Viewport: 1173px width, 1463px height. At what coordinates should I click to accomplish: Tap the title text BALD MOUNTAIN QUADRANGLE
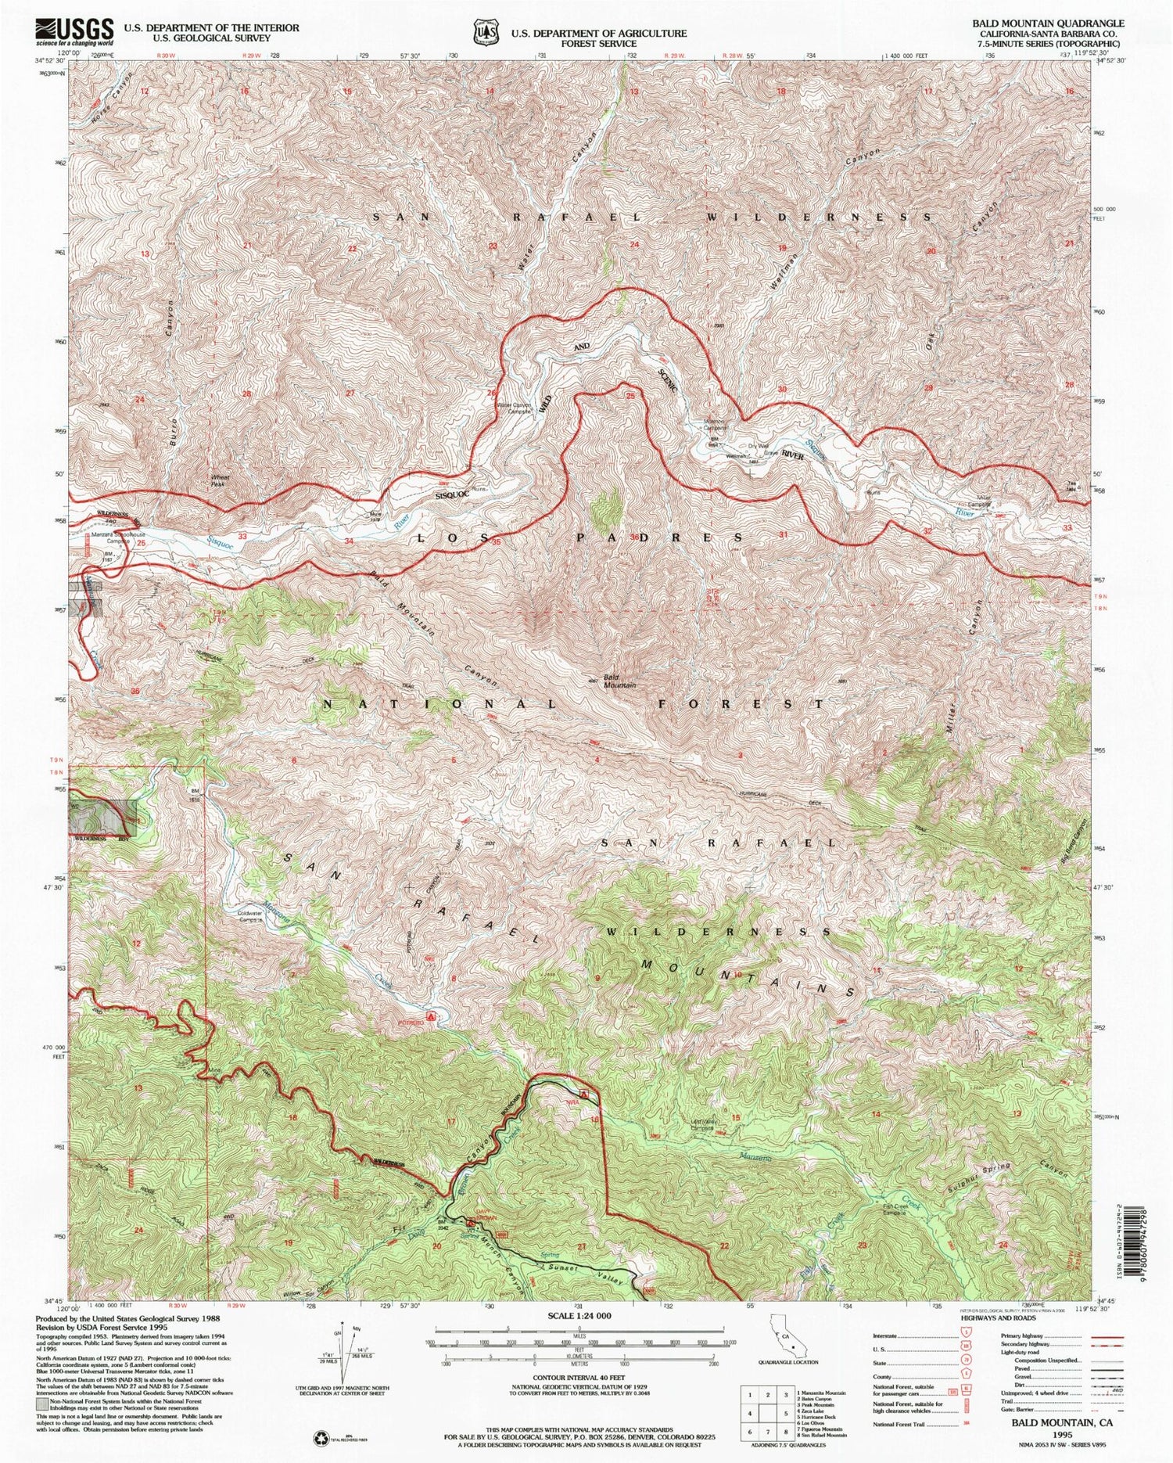coord(1047,23)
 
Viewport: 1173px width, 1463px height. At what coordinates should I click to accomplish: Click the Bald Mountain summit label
coord(619,681)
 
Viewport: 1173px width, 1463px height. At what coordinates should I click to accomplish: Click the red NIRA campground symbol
coord(585,1092)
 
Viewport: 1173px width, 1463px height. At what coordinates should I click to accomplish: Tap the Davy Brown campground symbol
coord(471,1222)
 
